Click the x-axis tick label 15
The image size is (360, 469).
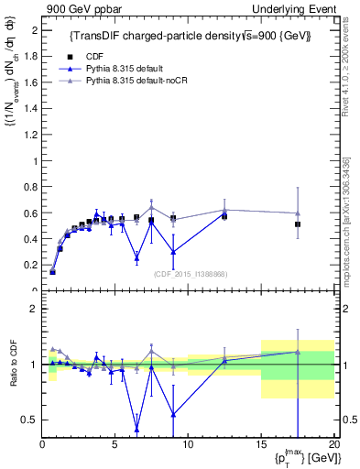260,444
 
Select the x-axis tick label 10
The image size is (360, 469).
188,444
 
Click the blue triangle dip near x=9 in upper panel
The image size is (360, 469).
173,251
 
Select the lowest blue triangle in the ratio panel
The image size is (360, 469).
136,429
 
